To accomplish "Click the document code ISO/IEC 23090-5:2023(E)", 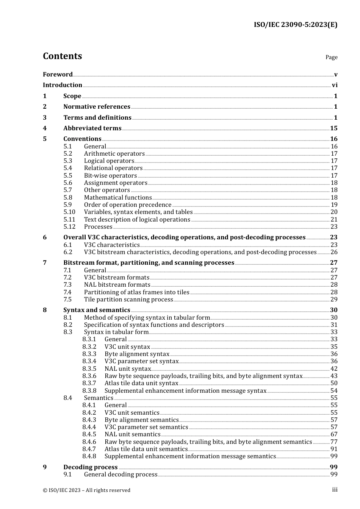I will pyautogui.click(x=295, y=25).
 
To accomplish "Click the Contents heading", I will pyautogui.click(x=62, y=56).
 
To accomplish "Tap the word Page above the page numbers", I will pyautogui.click(x=331, y=57).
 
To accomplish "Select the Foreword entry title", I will pyautogui.click(x=58, y=74).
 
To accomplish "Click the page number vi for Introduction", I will pyautogui.click(x=335, y=85).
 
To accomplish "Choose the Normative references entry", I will pyautogui.click(x=97, y=107).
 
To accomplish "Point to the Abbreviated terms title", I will pyautogui.click(x=92, y=128).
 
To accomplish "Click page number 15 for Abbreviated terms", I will pyautogui.click(x=333, y=128).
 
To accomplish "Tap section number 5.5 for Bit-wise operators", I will pyautogui.click(x=67, y=176).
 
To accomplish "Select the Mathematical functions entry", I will pyautogui.click(x=117, y=198).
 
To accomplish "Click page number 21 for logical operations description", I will pyautogui.click(x=334, y=220).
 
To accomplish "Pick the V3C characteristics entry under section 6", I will pyautogui.click(x=111, y=245).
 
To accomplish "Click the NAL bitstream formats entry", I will pyautogui.click(x=117, y=285).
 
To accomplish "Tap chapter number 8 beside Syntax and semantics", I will pyautogui.click(x=45, y=310).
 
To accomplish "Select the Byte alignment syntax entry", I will pyautogui.click(x=137, y=354).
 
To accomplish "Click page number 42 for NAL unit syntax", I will pyautogui.click(x=334, y=369).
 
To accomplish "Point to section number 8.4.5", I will pyautogui.click(x=89, y=434).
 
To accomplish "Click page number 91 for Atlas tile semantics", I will pyautogui.click(x=334, y=449).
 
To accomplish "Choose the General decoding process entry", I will pyautogui.click(x=121, y=475).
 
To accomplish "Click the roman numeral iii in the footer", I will pyautogui.click(x=335, y=490).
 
